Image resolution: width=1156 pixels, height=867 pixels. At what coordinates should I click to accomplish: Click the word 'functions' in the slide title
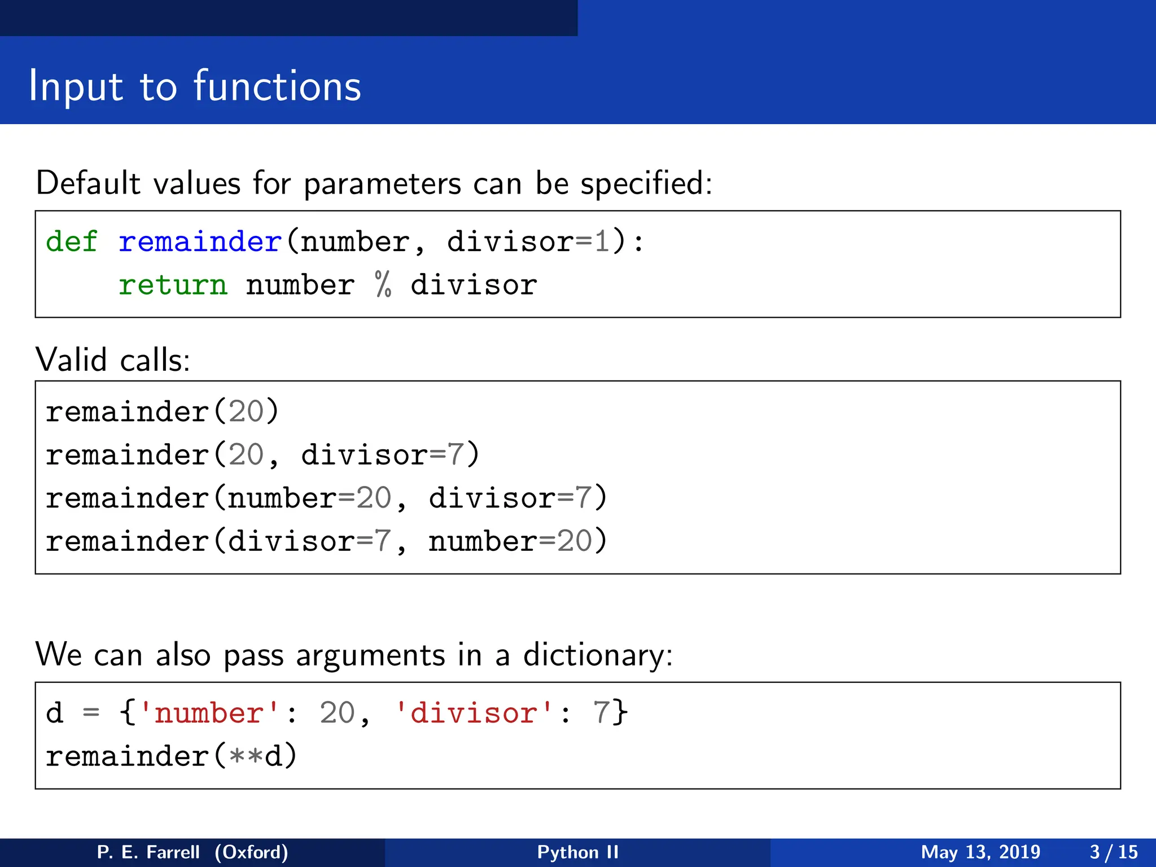(x=277, y=86)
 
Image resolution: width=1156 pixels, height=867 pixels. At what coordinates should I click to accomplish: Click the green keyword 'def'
(x=72, y=242)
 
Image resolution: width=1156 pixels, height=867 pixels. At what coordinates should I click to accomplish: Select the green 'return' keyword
(x=173, y=285)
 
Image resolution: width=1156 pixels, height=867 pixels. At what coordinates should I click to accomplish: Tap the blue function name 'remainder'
(x=200, y=242)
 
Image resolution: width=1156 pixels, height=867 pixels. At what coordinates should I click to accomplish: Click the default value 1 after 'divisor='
(x=602, y=242)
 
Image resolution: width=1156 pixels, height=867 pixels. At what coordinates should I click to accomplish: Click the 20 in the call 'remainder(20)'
(x=246, y=411)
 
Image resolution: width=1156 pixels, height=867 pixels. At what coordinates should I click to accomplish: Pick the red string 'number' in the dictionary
(x=209, y=713)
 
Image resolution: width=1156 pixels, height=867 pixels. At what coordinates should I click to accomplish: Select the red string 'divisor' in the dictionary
(x=474, y=713)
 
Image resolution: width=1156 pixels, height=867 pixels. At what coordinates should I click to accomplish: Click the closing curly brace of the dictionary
(x=620, y=712)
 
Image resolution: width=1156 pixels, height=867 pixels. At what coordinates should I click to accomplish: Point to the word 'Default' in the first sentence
(x=88, y=183)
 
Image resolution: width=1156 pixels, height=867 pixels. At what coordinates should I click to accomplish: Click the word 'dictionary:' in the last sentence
(x=598, y=655)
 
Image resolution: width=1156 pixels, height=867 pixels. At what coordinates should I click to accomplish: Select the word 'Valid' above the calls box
(x=71, y=360)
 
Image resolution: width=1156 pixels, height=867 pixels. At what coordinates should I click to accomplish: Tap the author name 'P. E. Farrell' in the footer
(x=148, y=852)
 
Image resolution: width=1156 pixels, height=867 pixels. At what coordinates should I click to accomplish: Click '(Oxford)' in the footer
(x=251, y=852)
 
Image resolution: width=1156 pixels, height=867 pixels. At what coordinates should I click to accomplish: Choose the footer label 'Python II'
(x=578, y=852)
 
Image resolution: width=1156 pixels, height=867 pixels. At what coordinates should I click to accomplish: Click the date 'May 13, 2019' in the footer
(x=980, y=852)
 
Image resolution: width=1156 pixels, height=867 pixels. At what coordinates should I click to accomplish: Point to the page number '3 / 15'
(x=1113, y=852)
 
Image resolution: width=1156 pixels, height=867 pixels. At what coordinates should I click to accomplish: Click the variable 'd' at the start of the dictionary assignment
(x=54, y=713)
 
